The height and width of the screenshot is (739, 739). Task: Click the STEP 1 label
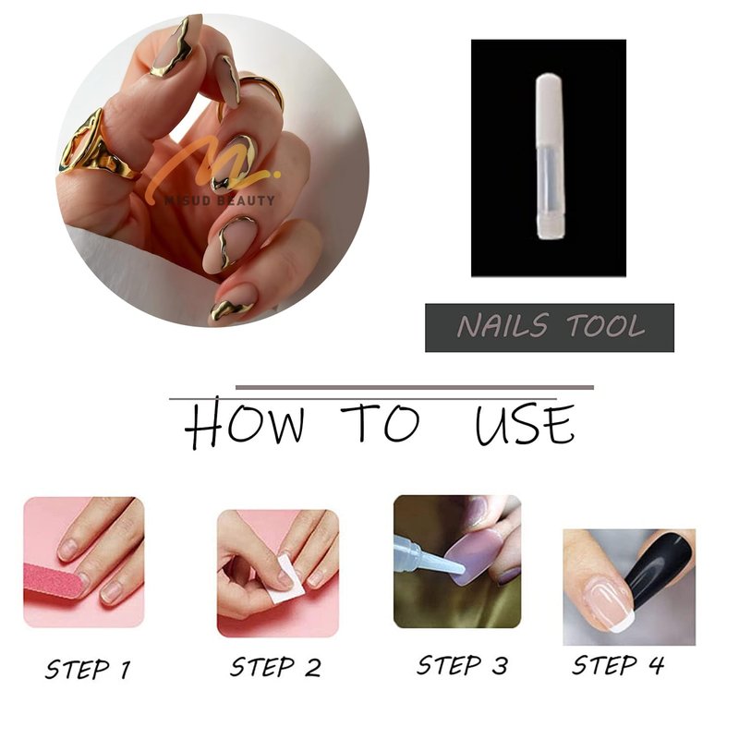(x=88, y=669)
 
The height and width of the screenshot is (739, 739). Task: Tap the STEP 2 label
(x=275, y=667)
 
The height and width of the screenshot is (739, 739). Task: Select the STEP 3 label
(x=463, y=665)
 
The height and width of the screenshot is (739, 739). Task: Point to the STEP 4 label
(x=618, y=665)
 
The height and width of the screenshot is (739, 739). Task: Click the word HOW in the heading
(x=244, y=423)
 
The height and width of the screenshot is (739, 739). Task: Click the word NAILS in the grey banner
(x=503, y=326)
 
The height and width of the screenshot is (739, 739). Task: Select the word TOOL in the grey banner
(x=606, y=326)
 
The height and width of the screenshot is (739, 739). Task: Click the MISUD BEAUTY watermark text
(x=220, y=200)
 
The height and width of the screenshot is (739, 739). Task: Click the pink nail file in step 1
(x=55, y=581)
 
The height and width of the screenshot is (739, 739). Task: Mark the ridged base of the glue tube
(x=549, y=226)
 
